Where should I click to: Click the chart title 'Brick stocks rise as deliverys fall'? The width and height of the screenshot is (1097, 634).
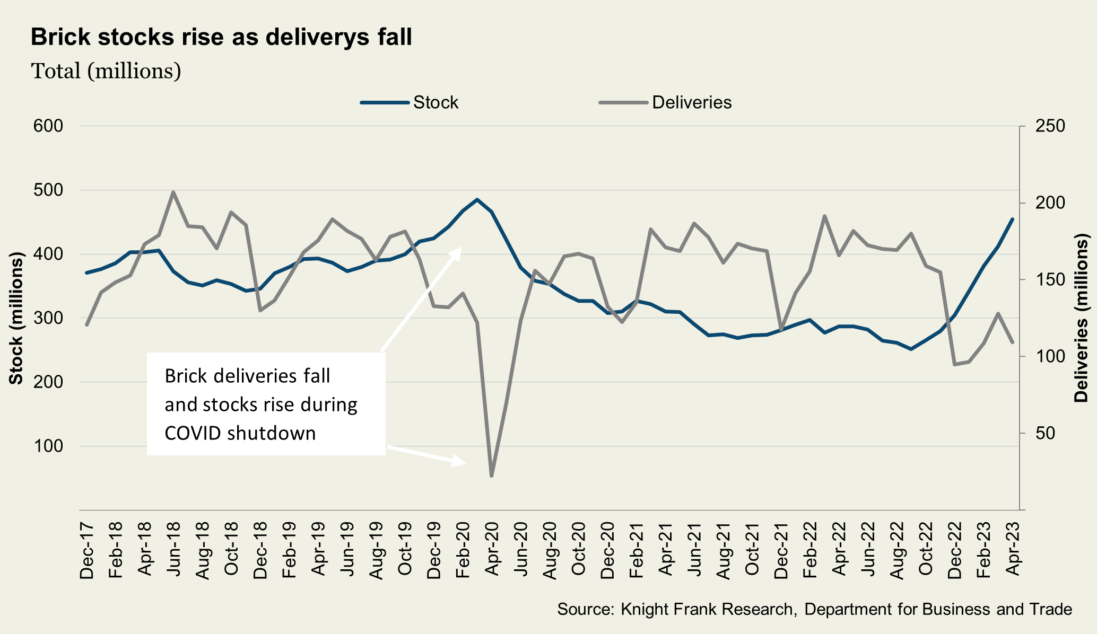click(221, 38)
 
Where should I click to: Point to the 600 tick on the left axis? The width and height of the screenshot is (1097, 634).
click(48, 126)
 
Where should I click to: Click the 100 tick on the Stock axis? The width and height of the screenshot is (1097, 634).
click(48, 446)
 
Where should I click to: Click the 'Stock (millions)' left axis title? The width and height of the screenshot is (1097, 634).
click(16, 318)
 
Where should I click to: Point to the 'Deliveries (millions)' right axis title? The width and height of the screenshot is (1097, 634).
click(1081, 318)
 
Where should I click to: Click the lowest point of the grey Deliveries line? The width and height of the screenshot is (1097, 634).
click(492, 476)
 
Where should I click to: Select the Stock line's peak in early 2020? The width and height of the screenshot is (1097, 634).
click(477, 200)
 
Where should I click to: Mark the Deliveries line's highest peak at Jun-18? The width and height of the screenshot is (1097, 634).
click(173, 192)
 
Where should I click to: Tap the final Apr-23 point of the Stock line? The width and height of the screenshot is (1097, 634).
click(1013, 219)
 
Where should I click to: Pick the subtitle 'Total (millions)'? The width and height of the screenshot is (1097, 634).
click(106, 71)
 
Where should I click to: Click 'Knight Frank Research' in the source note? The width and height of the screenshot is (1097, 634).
click(707, 609)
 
